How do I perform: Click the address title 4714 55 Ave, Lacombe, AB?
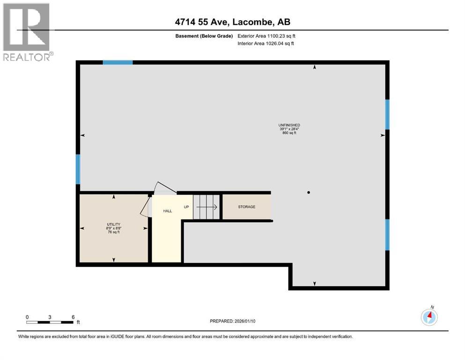232,22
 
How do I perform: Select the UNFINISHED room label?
289,125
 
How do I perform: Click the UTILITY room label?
114,225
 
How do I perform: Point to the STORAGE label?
246,207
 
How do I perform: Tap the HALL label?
168,211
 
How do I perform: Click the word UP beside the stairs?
186,207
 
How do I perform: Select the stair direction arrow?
207,207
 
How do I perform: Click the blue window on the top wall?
118,62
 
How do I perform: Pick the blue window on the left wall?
78,169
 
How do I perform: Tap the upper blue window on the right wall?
387,114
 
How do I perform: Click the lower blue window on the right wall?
387,235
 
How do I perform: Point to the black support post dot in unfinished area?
309,193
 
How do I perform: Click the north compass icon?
429,317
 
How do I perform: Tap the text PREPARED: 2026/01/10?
232,321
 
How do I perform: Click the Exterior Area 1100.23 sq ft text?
266,36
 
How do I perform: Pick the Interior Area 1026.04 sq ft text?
266,43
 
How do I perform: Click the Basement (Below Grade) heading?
204,36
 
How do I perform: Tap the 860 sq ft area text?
289,133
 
